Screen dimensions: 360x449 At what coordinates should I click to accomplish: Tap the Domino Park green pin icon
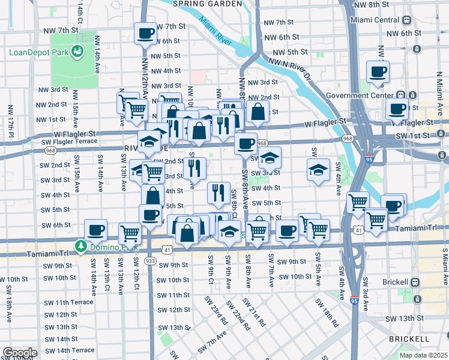pyautogui.click(x=80, y=246)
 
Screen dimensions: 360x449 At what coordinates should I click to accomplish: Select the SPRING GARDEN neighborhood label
pyautogui.click(x=207, y=4)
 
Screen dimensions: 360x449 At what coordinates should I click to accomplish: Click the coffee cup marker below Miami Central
pyautogui.click(x=378, y=73)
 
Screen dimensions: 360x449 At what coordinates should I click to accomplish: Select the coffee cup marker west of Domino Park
pyautogui.click(x=95, y=230)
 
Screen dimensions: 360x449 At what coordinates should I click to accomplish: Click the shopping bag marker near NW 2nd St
pyautogui.click(x=258, y=111)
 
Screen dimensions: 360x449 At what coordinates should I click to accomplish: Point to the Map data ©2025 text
pyautogui.click(x=423, y=355)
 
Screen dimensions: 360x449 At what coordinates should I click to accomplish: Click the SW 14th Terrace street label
pyautogui.click(x=68, y=350)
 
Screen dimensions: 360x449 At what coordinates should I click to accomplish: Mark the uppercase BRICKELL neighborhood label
pyautogui.click(x=408, y=339)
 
